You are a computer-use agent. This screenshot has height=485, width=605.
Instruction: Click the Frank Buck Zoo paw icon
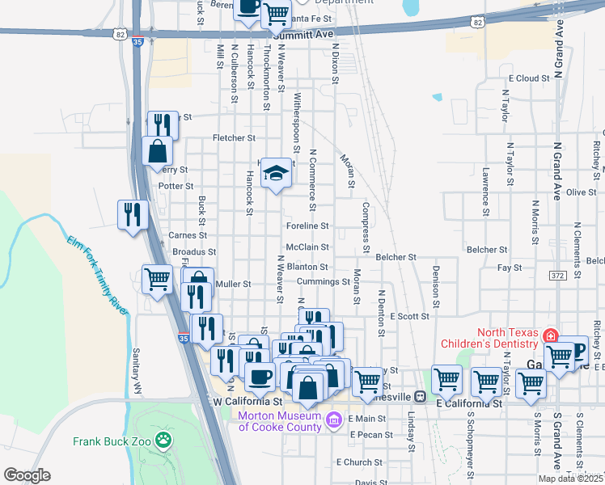pyautogui.click(x=164, y=441)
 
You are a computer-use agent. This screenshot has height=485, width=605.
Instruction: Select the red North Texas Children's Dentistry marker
pyautogui.click(x=550, y=335)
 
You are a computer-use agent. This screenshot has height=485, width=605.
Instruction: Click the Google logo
pyautogui.click(x=27, y=475)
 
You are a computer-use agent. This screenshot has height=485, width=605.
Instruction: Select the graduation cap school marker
pyautogui.click(x=276, y=172)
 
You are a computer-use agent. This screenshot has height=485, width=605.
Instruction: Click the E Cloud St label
pyautogui.click(x=529, y=78)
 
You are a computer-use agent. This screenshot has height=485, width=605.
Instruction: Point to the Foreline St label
pyautogui.click(x=307, y=226)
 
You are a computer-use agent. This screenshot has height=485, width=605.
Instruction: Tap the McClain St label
pyautogui.click(x=307, y=247)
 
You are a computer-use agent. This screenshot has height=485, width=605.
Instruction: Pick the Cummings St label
pyautogui.click(x=322, y=281)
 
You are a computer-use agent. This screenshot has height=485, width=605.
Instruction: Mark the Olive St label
pyautogui.click(x=581, y=192)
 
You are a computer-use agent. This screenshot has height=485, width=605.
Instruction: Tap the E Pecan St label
pyautogui.click(x=371, y=435)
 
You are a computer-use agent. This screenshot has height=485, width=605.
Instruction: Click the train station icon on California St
pyautogui.click(x=420, y=397)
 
